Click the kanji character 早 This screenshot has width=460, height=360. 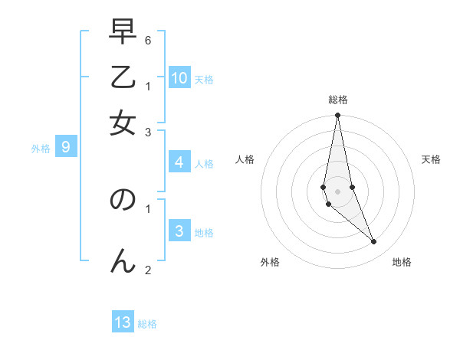point(123,32)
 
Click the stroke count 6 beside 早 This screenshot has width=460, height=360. point(147,38)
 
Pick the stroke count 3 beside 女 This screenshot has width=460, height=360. point(147,132)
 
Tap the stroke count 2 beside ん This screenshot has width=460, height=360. point(147,269)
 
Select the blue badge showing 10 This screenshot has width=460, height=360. point(179,77)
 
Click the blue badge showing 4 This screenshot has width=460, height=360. point(179,162)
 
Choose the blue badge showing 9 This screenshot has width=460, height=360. point(66,147)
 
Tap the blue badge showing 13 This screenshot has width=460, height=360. point(123,322)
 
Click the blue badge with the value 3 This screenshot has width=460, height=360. point(179,231)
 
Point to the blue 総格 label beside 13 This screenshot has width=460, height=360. point(147,324)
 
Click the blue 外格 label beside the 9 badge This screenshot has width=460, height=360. point(41,149)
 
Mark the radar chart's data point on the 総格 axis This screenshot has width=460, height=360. point(337,116)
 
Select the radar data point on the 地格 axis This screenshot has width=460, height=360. point(374,242)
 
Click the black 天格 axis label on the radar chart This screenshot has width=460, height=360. point(431,159)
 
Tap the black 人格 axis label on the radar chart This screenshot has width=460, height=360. point(245,159)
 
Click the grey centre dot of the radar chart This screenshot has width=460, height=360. point(337,191)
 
